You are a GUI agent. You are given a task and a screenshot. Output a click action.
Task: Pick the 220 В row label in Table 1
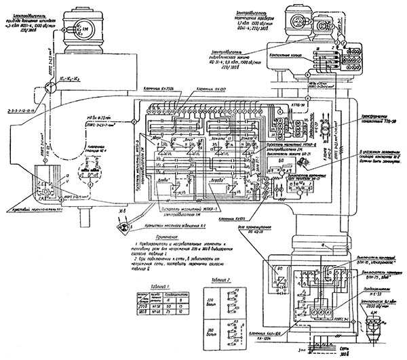(x=140, y=287)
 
